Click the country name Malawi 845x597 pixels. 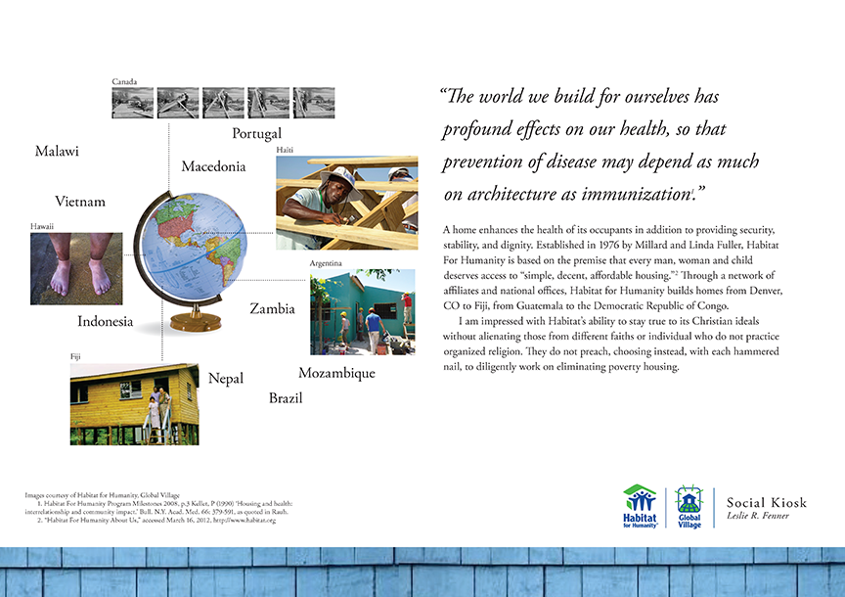(57, 152)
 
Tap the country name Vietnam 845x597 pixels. (80, 202)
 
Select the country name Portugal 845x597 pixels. (256, 133)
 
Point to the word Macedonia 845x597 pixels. (213, 166)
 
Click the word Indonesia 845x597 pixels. (106, 321)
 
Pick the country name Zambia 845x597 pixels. (272, 308)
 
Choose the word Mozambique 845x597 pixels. (336, 373)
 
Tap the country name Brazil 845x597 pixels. (286, 398)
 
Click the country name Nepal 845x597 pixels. (226, 379)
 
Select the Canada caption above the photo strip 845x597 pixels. (124, 81)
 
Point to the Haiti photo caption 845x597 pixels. (285, 150)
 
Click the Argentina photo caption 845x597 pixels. (325, 264)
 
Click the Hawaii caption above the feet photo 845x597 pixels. (42, 226)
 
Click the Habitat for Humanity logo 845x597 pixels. (641, 506)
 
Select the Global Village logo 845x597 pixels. (689, 506)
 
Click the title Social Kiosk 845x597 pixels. (767, 503)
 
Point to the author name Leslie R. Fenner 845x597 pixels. (759, 516)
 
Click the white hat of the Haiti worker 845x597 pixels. (341, 174)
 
